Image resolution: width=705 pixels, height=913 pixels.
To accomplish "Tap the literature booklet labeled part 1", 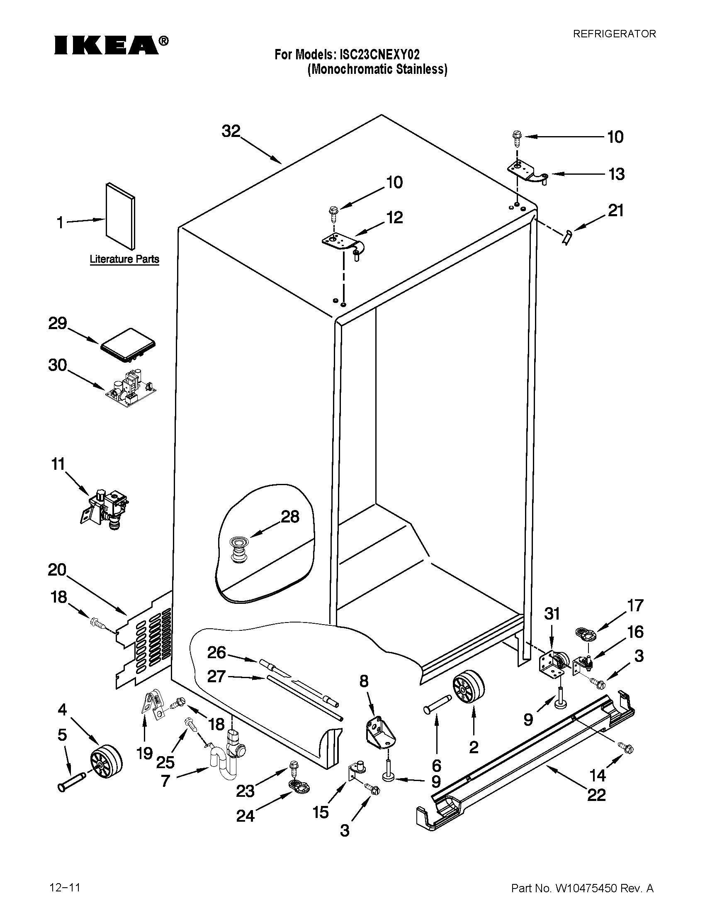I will (x=120, y=215).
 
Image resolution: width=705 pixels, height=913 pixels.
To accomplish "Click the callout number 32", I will (x=231, y=131).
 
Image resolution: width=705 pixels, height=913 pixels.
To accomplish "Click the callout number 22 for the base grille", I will (x=596, y=795).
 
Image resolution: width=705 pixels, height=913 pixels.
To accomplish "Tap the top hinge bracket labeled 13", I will (x=528, y=172).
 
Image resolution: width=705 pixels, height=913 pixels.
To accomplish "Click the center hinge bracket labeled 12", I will (x=343, y=244).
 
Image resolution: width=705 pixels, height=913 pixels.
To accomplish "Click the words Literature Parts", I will (x=124, y=259).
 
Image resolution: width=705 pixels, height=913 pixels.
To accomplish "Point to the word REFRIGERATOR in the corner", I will (x=613, y=34).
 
